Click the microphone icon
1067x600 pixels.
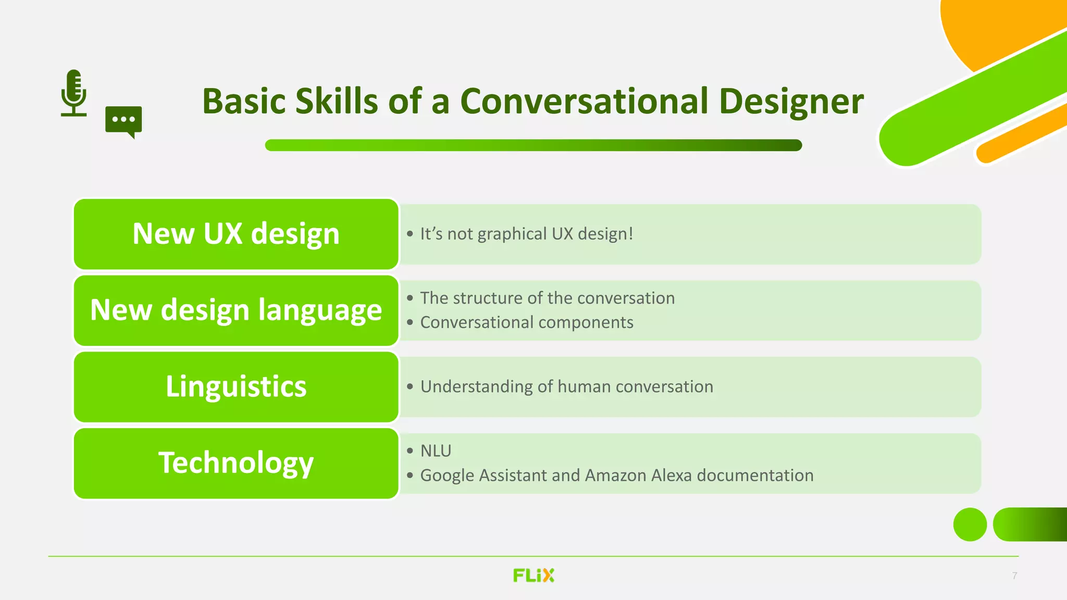pos(74,93)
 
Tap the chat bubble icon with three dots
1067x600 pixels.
pos(123,120)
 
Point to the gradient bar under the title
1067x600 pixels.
pos(533,145)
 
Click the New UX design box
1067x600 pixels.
pos(236,234)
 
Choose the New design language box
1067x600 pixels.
pos(236,310)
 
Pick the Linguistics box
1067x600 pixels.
pos(236,387)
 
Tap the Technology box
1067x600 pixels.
pos(236,463)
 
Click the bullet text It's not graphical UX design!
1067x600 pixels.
pos(526,234)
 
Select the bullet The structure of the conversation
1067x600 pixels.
pos(547,298)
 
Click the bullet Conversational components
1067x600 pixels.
pos(526,322)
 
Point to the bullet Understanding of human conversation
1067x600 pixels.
pos(566,386)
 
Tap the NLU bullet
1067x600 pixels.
pos(436,451)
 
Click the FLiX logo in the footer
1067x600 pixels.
pos(533,576)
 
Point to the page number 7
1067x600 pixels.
pos(1014,576)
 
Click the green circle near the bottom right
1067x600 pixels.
pos(970,524)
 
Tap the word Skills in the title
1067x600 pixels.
pos(337,101)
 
